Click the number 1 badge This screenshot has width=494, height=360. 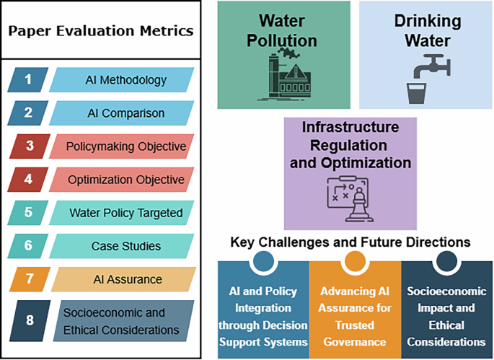tap(28, 79)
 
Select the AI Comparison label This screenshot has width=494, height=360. tap(126, 113)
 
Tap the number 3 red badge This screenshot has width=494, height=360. tap(30, 146)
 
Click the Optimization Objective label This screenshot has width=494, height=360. tap(126, 180)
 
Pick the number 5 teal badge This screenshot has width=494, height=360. tap(28, 213)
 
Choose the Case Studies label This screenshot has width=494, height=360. tap(126, 246)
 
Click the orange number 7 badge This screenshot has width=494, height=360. tap(30, 279)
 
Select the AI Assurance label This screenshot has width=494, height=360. tap(128, 279)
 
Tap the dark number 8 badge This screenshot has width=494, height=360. tap(30, 320)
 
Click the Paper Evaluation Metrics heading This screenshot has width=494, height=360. tap(101, 31)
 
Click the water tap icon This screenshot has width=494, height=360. tap(432, 66)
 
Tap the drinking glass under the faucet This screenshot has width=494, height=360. tap(417, 93)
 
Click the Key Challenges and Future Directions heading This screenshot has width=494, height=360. tap(350, 242)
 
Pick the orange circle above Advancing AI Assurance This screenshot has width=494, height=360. tap(355, 261)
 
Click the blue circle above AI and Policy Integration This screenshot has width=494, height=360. tap(263, 261)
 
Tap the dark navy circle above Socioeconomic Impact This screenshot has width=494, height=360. tap(446, 261)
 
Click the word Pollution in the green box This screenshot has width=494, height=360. tap(282, 41)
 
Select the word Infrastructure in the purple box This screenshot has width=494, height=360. tap(350, 127)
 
